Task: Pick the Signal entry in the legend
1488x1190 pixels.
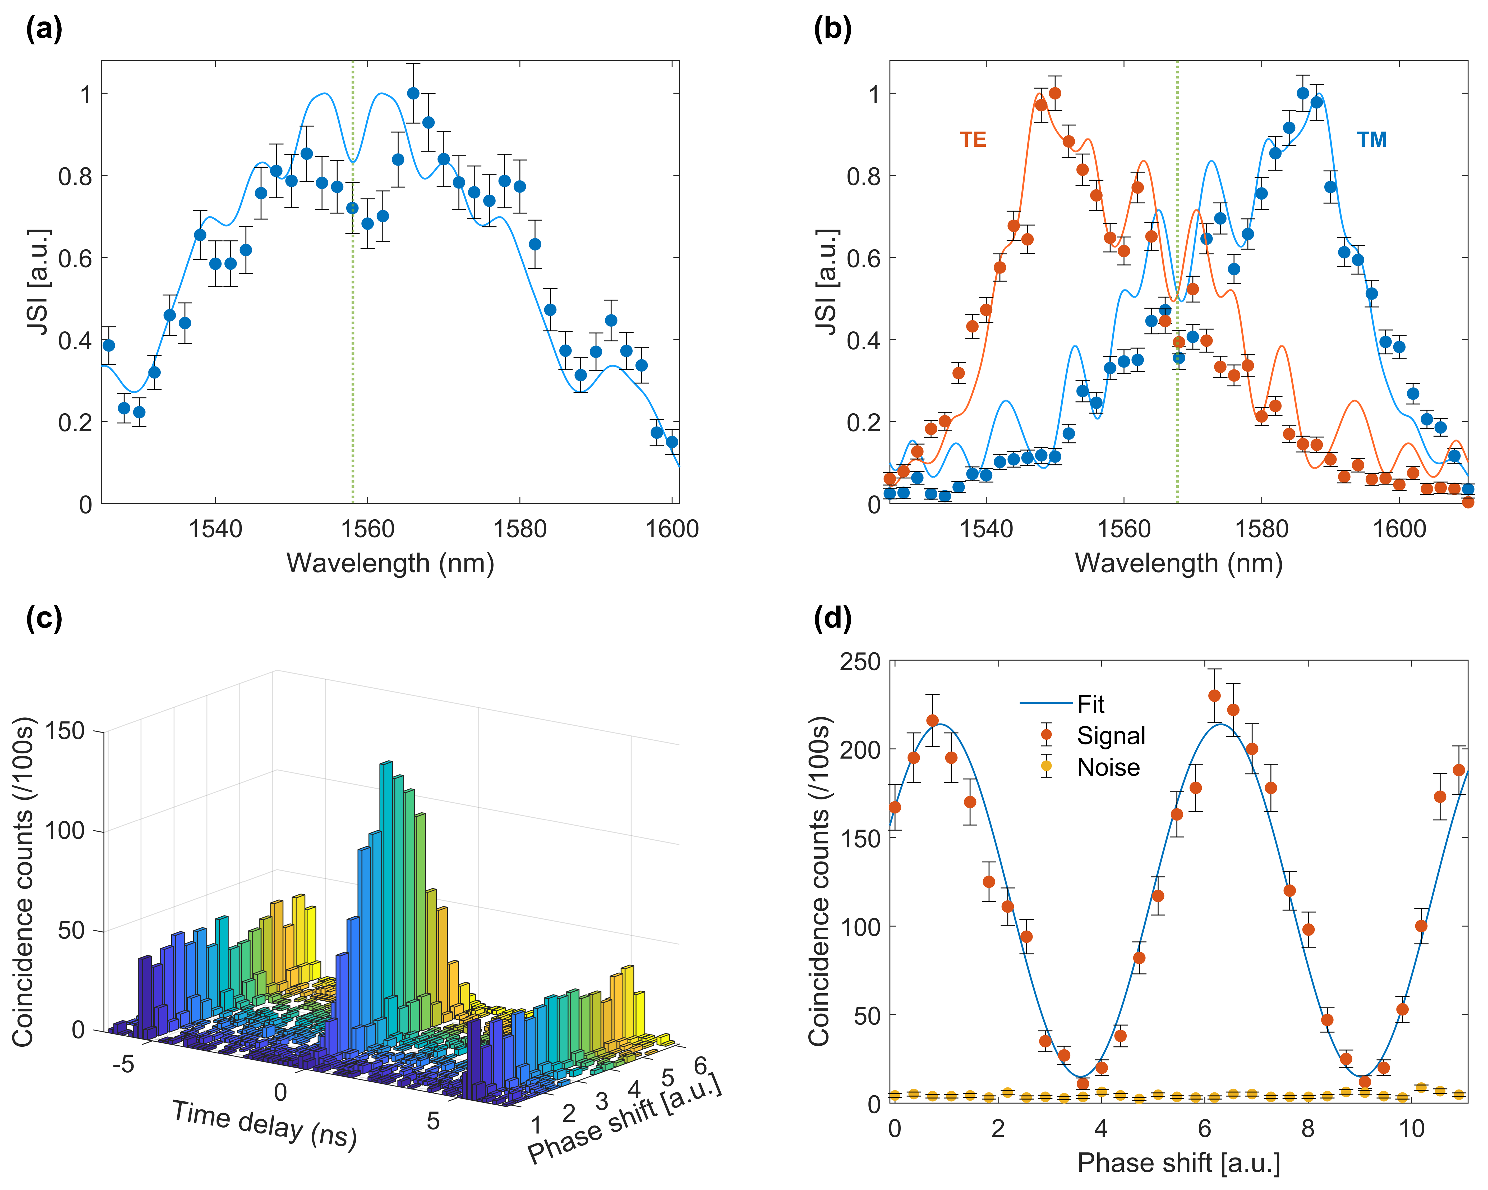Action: [x=1111, y=736]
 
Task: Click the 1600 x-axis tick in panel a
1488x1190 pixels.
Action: [x=671, y=529]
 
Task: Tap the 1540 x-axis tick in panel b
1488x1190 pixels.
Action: [x=986, y=529]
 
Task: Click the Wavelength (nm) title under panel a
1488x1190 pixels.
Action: [x=391, y=563]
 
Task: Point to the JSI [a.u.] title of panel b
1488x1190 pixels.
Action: [x=827, y=282]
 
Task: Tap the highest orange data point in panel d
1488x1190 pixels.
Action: [x=1215, y=696]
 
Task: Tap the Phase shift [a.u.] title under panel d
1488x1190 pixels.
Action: [x=1178, y=1163]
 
